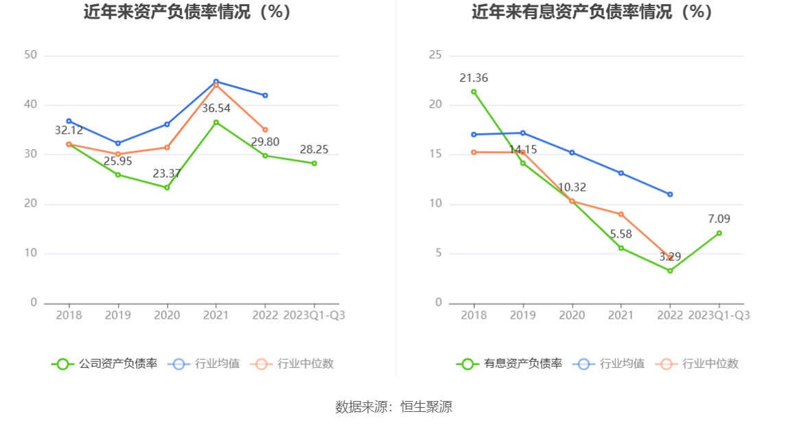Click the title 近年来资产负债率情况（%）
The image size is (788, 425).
(x=187, y=12)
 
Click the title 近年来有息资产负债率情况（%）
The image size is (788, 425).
(x=592, y=12)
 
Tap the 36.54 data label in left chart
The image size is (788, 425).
(x=216, y=108)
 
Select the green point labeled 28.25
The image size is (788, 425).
(x=314, y=163)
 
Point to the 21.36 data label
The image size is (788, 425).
(x=474, y=78)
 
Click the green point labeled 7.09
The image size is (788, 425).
(x=719, y=233)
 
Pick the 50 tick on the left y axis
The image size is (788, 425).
(x=30, y=55)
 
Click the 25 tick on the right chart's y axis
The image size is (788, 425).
(x=435, y=55)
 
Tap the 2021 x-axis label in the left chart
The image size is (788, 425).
(x=216, y=315)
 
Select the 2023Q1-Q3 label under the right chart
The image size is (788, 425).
(x=719, y=315)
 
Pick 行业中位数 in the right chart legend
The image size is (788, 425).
(x=710, y=364)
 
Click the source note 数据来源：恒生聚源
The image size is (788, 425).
(x=394, y=406)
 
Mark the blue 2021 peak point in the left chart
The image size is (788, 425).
(x=216, y=82)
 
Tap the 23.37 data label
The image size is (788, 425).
(x=167, y=174)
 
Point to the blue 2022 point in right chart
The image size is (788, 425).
(x=670, y=194)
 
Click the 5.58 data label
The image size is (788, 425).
(x=621, y=233)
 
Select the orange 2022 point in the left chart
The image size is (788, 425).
(x=265, y=130)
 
